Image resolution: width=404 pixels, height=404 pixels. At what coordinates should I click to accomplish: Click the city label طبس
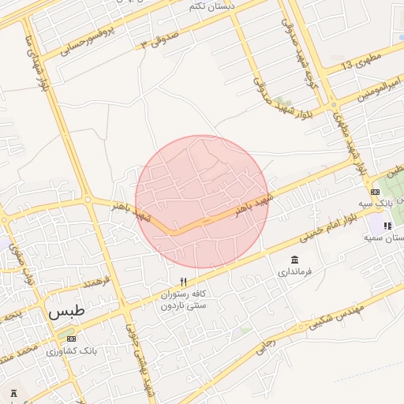(x=65, y=311)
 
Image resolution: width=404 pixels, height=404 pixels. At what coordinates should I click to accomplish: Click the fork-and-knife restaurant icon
(x=183, y=282)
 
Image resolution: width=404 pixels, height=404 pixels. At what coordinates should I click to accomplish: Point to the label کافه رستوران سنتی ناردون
(x=183, y=299)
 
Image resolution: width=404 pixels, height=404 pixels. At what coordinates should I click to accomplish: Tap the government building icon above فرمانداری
(x=295, y=260)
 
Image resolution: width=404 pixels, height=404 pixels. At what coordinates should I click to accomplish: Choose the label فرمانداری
(x=295, y=273)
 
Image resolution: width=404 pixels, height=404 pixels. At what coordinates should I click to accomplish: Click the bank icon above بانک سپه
(x=373, y=192)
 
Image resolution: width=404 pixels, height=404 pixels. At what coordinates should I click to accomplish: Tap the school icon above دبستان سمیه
(x=387, y=226)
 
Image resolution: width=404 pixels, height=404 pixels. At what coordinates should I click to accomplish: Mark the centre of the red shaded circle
(x=202, y=201)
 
